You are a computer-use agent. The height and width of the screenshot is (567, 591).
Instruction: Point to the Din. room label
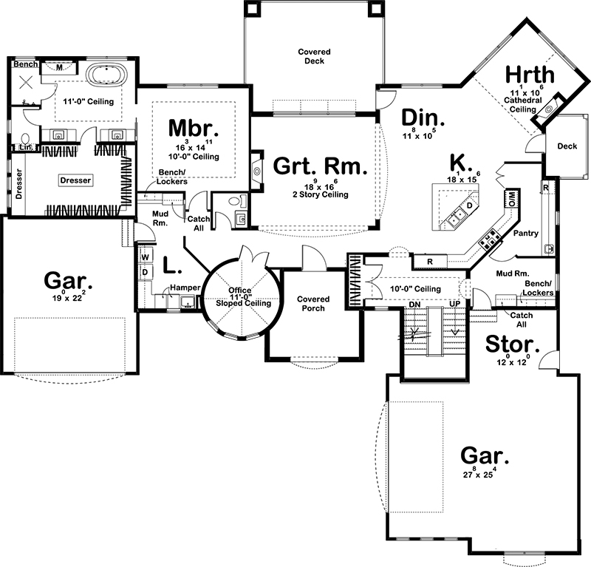423,118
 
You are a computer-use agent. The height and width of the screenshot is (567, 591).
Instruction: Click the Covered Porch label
313,304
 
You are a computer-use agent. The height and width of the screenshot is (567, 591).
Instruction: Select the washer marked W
145,257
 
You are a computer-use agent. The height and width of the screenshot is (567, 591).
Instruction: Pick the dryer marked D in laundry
145,272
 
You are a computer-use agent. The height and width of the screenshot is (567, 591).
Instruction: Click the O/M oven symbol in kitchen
511,198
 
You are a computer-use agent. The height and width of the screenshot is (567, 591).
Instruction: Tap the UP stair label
454,305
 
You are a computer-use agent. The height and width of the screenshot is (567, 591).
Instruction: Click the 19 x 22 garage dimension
68,299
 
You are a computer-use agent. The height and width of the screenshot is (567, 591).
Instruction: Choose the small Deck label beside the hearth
567,146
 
